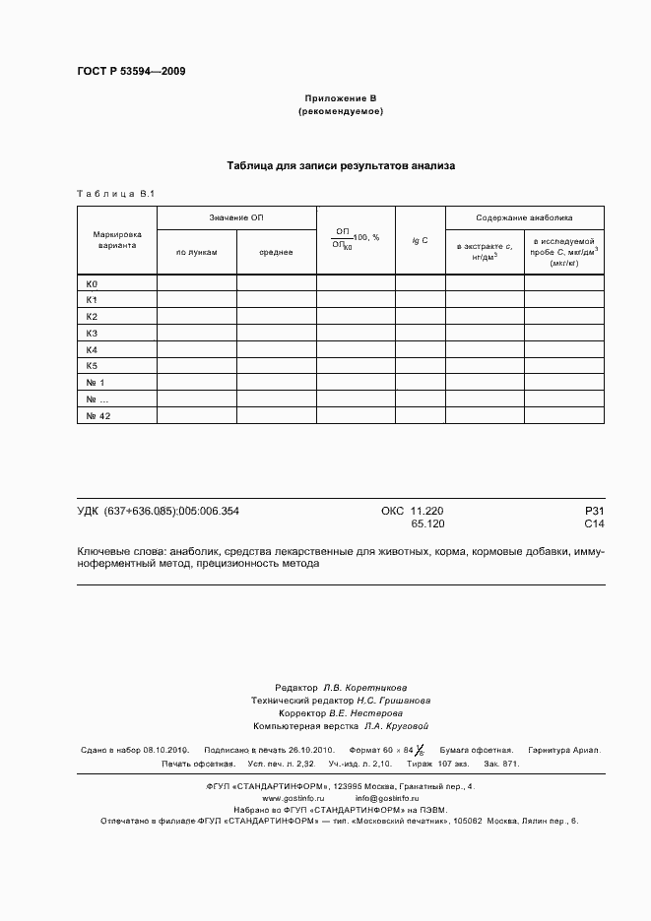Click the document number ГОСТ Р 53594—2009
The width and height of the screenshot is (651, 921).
131,71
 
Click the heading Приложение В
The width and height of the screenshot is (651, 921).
340,99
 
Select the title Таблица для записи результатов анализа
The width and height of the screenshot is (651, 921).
341,166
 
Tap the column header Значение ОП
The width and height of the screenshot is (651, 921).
235,217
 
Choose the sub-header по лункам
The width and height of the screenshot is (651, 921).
196,253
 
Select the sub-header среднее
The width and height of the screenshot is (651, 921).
276,253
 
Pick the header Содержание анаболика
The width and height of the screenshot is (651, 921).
524,217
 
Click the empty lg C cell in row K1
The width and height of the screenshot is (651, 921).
420,300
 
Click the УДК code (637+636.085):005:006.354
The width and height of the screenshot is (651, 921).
158,511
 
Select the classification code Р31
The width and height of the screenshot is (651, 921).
594,511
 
